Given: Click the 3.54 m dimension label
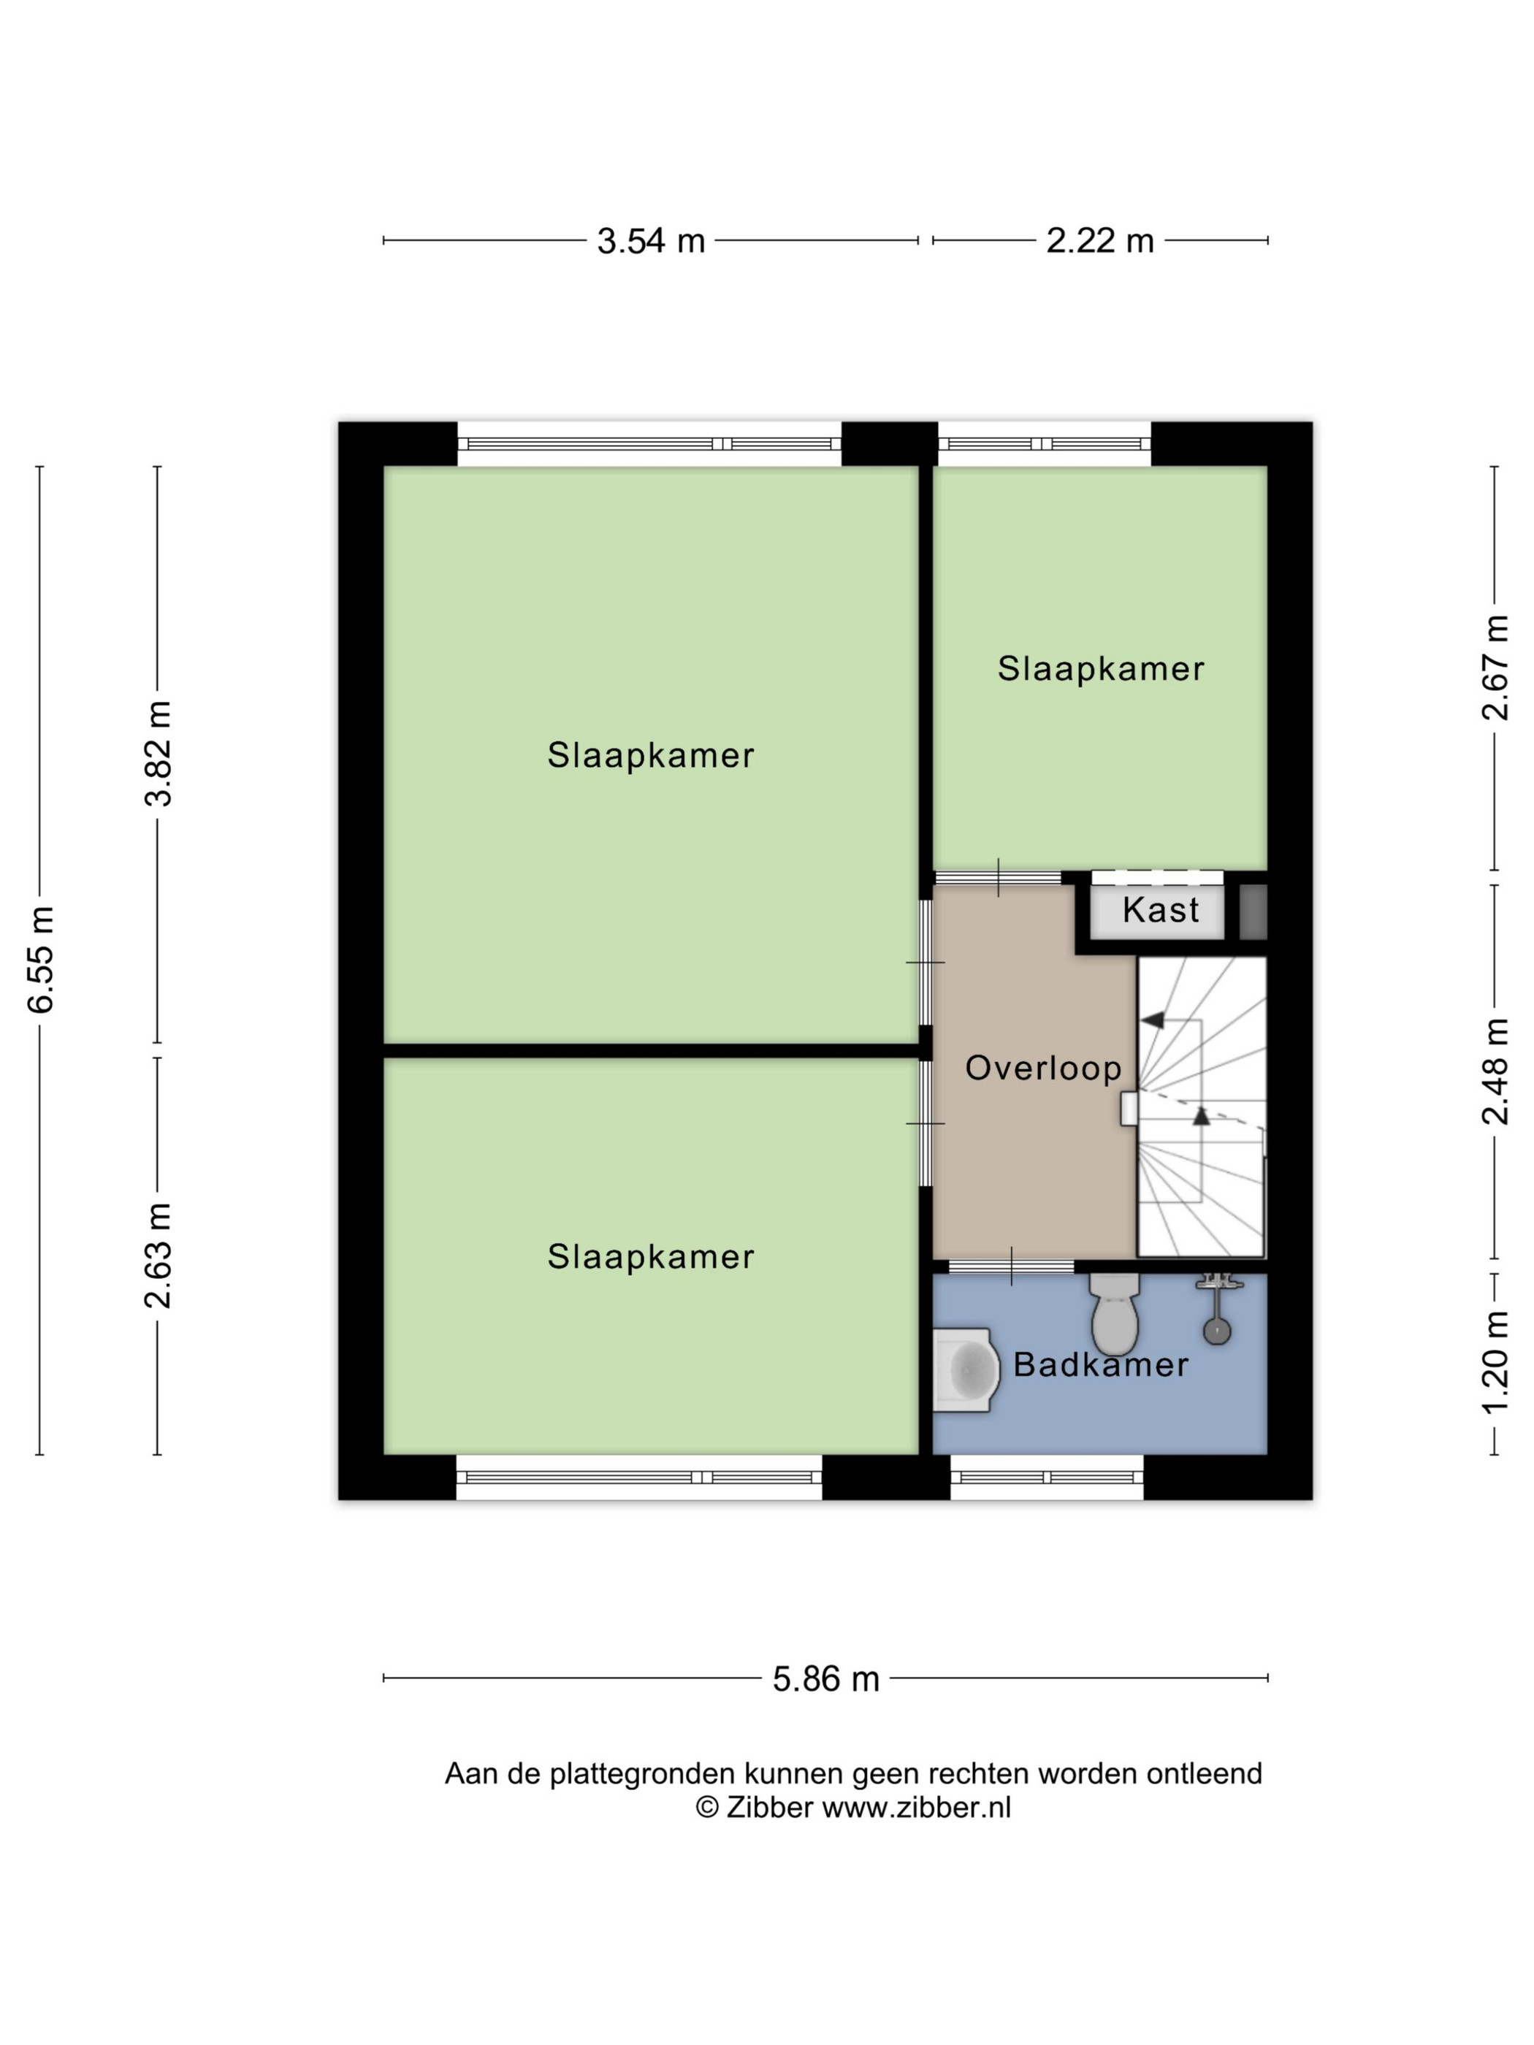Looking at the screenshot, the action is tap(650, 240).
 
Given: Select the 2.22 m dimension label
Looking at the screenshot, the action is tap(1099, 240).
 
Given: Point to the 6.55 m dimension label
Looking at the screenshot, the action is tap(42, 960).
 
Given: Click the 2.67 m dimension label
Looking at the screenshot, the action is tap(1495, 668).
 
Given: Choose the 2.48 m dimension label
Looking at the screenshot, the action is tap(1495, 1071).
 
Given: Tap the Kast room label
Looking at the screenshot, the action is tap(1161, 911).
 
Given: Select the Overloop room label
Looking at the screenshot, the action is tap(1043, 1068).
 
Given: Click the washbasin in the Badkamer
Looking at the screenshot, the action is tap(966, 1370).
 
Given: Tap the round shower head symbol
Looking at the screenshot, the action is tap(1217, 1331).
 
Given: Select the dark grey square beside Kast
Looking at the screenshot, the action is tap(1253, 912).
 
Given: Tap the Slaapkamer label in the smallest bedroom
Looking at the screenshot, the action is tap(1100, 668).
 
